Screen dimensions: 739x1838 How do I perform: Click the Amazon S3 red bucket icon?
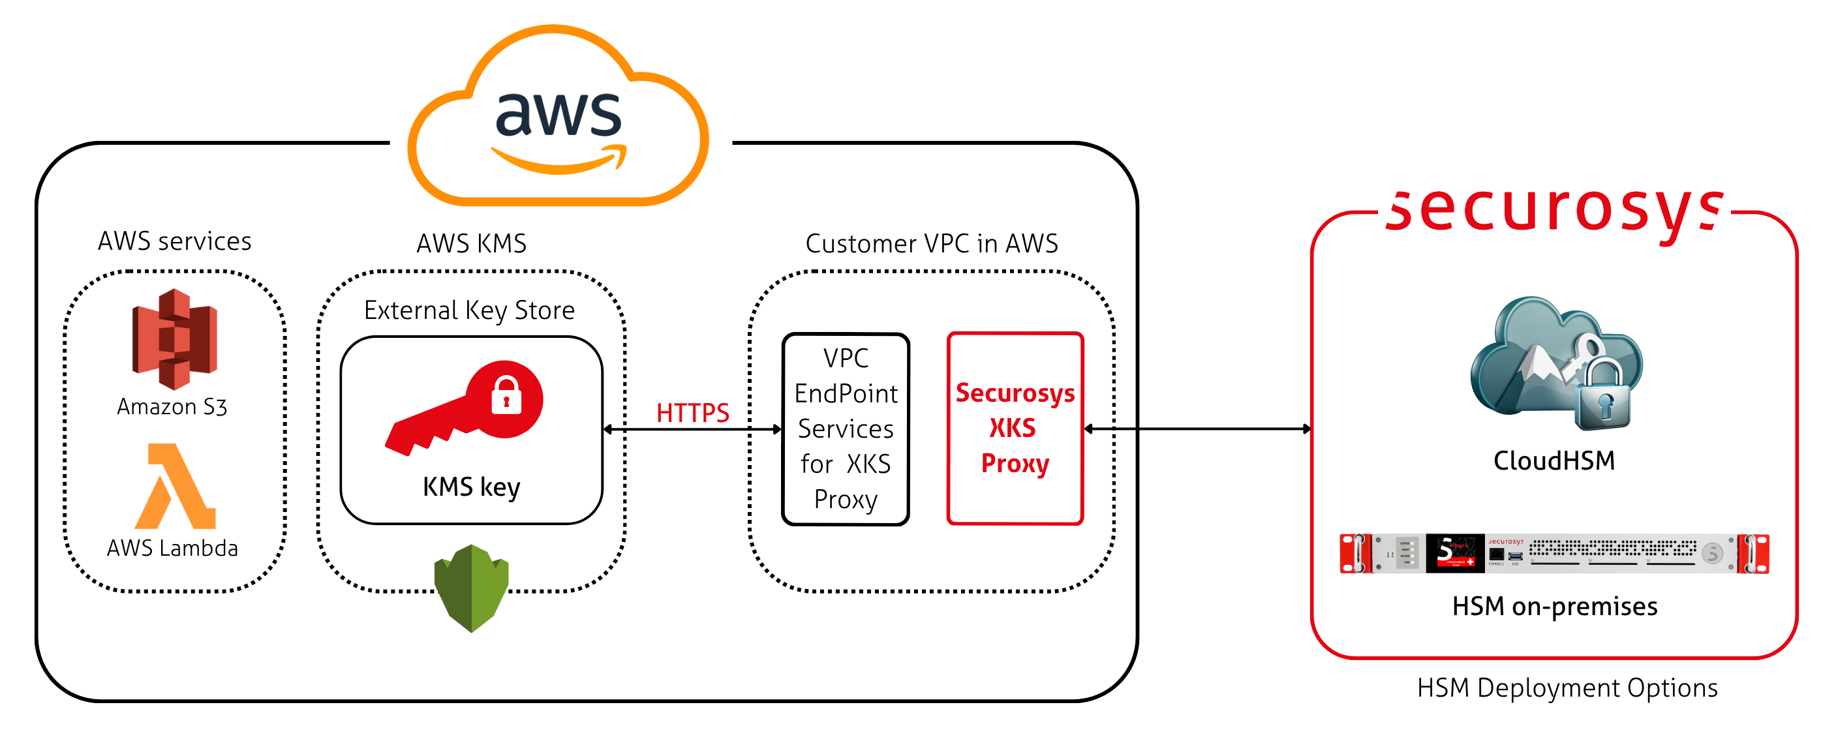(x=174, y=338)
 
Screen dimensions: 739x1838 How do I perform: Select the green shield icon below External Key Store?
(x=472, y=588)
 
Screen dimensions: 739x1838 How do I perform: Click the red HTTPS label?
(x=692, y=413)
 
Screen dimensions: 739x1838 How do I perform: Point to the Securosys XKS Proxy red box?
(x=1015, y=428)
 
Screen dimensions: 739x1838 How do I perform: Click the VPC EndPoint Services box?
(x=846, y=429)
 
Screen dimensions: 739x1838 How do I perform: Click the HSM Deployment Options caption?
(x=1567, y=688)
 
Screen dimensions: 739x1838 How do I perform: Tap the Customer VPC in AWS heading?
(x=931, y=244)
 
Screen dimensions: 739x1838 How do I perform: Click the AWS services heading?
(x=175, y=242)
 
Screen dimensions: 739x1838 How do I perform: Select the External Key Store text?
(x=470, y=310)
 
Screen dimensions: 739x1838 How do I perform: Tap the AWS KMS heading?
(x=472, y=244)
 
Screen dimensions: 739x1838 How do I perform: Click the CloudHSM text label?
(x=1554, y=460)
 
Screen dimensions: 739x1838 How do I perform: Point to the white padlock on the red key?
(x=506, y=396)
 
